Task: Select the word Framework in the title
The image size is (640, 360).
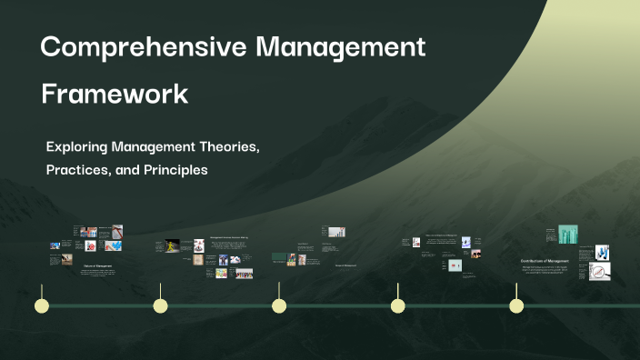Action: pos(115,94)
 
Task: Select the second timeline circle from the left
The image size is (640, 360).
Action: pos(161,305)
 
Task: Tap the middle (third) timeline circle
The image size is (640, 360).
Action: pos(279,305)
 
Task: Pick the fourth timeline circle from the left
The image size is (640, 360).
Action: pos(397,305)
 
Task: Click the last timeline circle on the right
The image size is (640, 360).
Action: pos(516,305)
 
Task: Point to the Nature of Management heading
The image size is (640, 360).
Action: pos(97,265)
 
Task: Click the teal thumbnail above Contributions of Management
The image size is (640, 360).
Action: pos(568,234)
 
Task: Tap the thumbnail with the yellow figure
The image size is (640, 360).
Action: pos(173,245)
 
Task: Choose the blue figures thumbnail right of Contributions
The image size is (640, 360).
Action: pos(602,252)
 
